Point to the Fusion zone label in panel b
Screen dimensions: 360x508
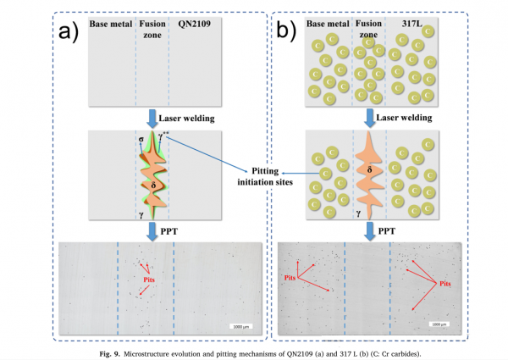click(x=367, y=30)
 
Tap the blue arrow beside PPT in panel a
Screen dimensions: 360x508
click(x=152, y=229)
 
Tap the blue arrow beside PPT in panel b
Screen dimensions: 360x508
click(x=367, y=229)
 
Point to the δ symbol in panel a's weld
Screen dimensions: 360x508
click(x=152, y=183)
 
